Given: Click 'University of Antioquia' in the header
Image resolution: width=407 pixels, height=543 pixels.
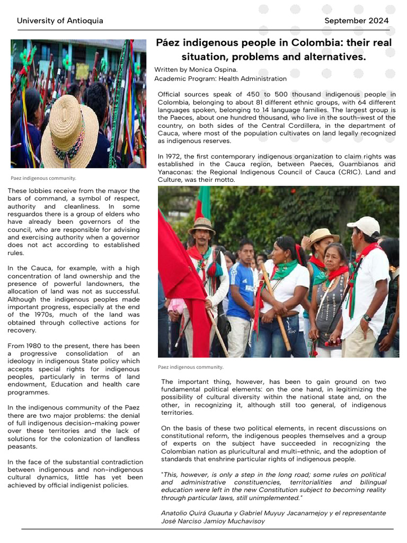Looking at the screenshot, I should (x=60, y=21).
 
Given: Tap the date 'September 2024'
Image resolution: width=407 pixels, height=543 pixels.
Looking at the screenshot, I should (x=356, y=21).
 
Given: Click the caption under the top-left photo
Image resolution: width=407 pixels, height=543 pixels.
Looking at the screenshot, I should (x=43, y=178).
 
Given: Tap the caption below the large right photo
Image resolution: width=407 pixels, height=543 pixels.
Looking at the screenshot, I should (x=191, y=366).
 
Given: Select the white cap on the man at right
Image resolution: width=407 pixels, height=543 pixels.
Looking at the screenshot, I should (x=364, y=224).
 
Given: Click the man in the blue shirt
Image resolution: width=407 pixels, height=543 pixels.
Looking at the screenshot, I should (x=241, y=289).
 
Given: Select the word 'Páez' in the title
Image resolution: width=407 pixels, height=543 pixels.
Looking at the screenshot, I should (x=168, y=42).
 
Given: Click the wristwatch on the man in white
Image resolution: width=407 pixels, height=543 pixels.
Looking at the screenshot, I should (x=367, y=318).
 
